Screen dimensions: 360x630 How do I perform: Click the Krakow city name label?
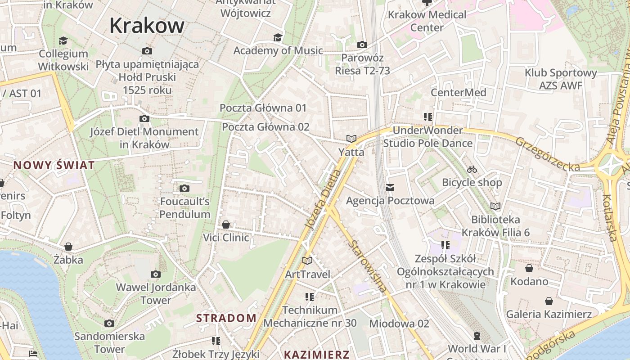coord(147,26)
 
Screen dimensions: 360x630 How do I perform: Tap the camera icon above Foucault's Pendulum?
coord(184,188)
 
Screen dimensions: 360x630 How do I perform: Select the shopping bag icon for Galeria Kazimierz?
coord(549,301)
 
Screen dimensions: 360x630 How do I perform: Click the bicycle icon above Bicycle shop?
coord(472,169)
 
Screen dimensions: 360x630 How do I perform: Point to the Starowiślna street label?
coord(367,266)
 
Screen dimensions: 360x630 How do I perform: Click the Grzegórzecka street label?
coord(548,154)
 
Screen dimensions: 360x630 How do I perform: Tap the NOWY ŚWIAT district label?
coord(54,165)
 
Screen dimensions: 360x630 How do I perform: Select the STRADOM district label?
coord(226,318)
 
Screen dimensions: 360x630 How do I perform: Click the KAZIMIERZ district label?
coord(316,355)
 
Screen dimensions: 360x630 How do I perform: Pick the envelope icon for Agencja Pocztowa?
coord(390,187)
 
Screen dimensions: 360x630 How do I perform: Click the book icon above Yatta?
coord(351,139)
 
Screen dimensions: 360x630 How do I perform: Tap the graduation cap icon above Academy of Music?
coord(278,37)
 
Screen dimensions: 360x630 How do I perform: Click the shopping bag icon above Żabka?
coord(68,246)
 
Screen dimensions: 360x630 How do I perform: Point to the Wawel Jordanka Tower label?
coord(156,293)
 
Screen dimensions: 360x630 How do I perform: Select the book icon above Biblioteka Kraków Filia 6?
coord(495,206)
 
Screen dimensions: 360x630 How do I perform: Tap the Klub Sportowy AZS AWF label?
coord(560,79)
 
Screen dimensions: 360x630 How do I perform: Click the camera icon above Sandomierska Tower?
coord(109,323)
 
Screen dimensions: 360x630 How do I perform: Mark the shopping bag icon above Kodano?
coord(529,268)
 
